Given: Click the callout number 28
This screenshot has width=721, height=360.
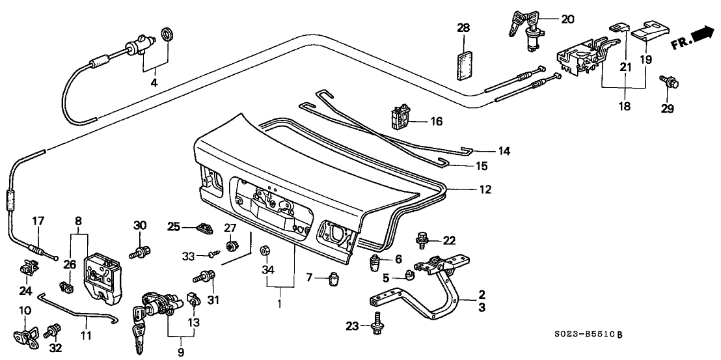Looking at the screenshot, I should [463, 28].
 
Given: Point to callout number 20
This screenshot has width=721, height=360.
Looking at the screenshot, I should [567, 20].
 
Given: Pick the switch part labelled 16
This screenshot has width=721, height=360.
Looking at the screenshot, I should [399, 117].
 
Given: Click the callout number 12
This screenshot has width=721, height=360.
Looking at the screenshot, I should [485, 190].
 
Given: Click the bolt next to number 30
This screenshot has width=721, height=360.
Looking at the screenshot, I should [140, 249].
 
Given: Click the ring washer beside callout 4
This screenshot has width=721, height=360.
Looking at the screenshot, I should [167, 34].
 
